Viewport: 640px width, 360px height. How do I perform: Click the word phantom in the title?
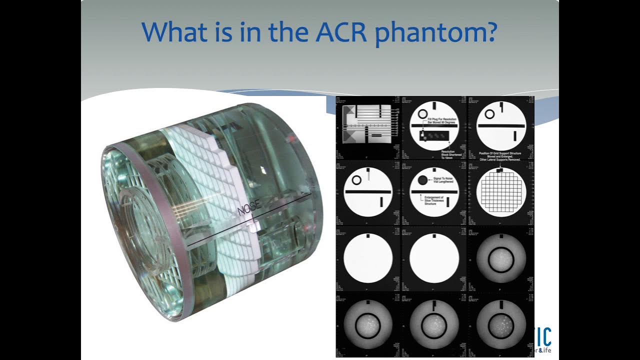435,33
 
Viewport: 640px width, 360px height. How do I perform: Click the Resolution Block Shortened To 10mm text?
452,154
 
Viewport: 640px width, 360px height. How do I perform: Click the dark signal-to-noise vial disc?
423,180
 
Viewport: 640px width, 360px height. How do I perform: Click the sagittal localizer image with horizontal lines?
367,124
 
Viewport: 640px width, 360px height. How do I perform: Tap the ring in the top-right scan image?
489,114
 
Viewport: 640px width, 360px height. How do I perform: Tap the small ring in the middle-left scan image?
356,180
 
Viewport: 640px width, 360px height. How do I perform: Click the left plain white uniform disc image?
367,259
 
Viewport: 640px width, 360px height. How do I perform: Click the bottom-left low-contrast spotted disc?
367,325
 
